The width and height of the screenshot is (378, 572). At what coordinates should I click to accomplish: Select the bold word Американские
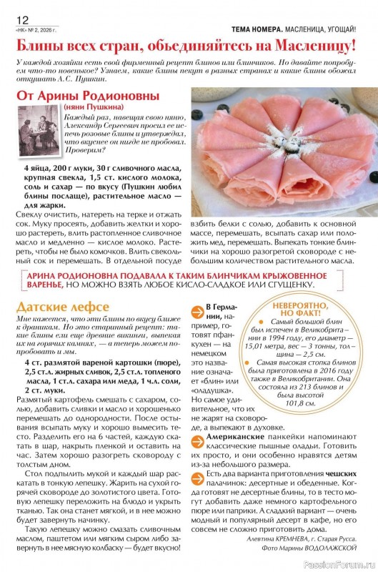[238, 435]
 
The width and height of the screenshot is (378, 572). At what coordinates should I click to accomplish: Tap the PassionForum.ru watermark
[344, 563]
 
